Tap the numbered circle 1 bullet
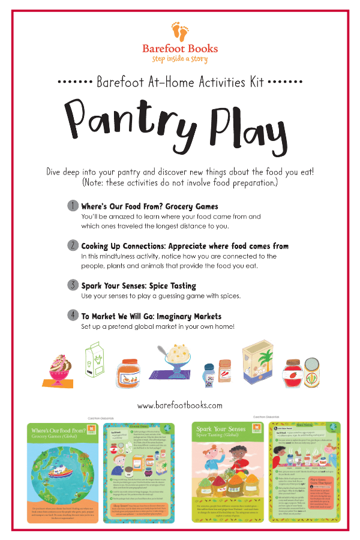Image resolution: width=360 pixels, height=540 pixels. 72,206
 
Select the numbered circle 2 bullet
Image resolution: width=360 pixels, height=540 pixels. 72,245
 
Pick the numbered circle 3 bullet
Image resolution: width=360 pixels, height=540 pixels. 72,285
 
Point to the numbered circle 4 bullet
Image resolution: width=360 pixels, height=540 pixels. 72,314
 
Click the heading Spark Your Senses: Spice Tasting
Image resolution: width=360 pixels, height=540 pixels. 139,286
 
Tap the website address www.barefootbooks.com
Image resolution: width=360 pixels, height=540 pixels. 180,405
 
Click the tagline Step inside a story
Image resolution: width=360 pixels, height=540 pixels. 180,59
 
